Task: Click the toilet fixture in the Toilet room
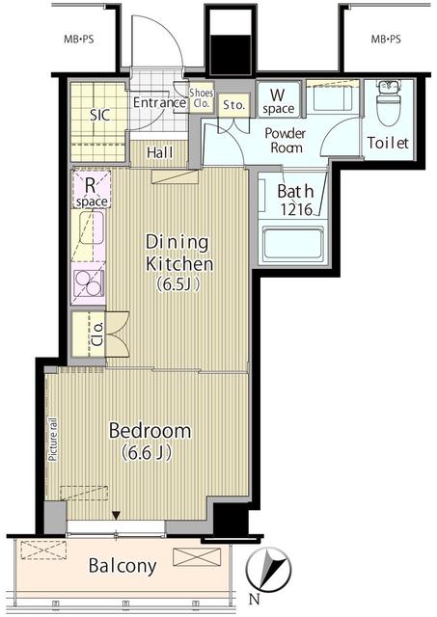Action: [388, 102]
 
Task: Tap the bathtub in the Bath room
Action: [292, 242]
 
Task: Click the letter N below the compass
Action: [255, 600]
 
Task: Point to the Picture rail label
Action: [52, 440]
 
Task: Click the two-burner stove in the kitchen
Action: [90, 282]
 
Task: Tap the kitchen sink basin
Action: [93, 228]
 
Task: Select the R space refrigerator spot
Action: [92, 189]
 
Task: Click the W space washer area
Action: [279, 99]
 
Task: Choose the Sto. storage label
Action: [233, 105]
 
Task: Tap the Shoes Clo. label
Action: [202, 98]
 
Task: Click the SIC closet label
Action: [100, 116]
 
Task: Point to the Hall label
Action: [159, 152]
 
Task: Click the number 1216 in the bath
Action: [296, 209]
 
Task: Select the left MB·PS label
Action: [79, 40]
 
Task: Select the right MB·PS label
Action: [386, 39]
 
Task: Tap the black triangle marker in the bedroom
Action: [116, 515]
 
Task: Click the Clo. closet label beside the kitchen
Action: [98, 334]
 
